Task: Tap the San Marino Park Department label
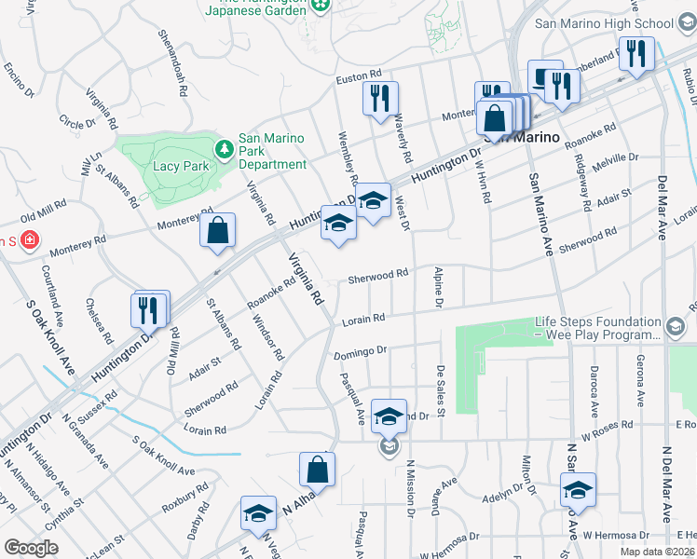coord(272,151)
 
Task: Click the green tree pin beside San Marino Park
coord(224,149)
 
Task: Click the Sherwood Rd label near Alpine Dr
coord(378,275)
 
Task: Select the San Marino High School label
coord(603,24)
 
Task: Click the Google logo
coord(32,548)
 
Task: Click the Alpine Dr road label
coord(437,287)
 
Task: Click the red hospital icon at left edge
coord(31,240)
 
